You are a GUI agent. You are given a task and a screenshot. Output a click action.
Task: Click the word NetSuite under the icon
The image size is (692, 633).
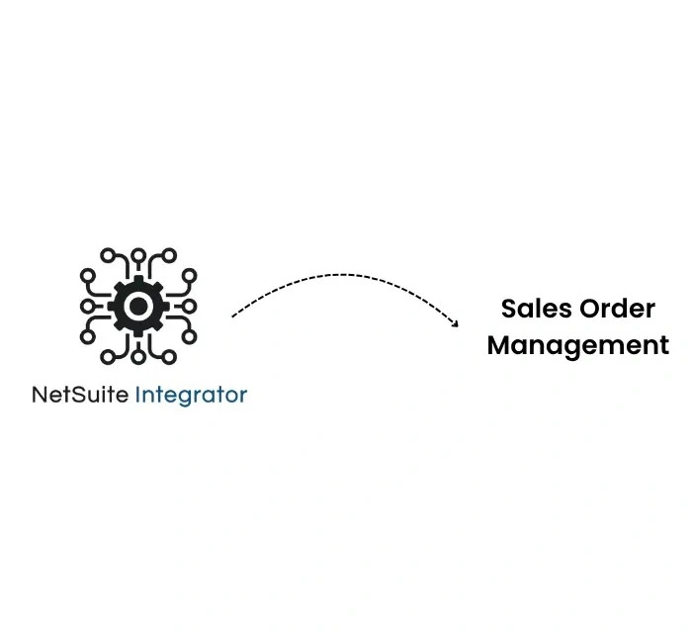coord(80,396)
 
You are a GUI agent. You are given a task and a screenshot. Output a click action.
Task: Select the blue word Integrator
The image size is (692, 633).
coord(191,396)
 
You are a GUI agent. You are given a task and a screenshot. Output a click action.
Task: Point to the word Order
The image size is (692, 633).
coord(618,309)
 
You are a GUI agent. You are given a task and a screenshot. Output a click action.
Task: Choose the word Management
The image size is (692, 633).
coord(578,345)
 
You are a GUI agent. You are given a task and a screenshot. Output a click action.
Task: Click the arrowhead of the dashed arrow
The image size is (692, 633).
coord(455,322)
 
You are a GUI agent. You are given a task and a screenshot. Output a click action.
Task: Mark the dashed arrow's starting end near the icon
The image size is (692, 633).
coord(233,316)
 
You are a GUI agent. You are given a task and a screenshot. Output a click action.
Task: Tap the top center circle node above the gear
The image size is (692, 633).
coord(138,255)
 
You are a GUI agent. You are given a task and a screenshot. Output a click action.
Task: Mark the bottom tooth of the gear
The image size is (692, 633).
coord(138,330)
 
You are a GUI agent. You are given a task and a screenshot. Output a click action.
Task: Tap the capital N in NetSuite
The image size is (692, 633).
coord(40,396)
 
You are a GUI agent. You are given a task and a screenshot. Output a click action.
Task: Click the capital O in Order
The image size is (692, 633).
coord(590,309)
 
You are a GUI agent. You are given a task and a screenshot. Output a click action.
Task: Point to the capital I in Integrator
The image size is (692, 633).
coord(137,396)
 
